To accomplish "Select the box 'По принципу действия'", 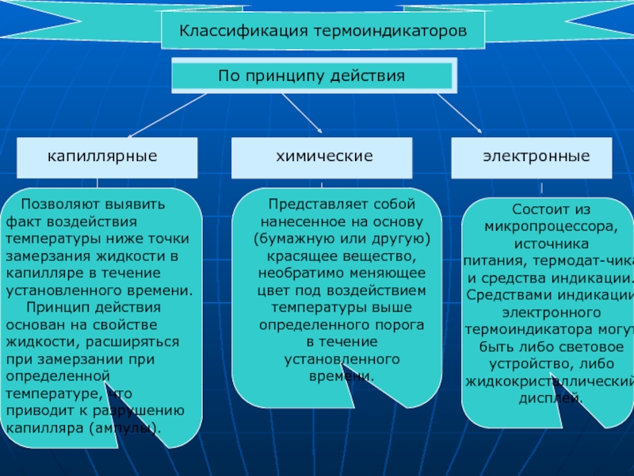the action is (315, 77).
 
